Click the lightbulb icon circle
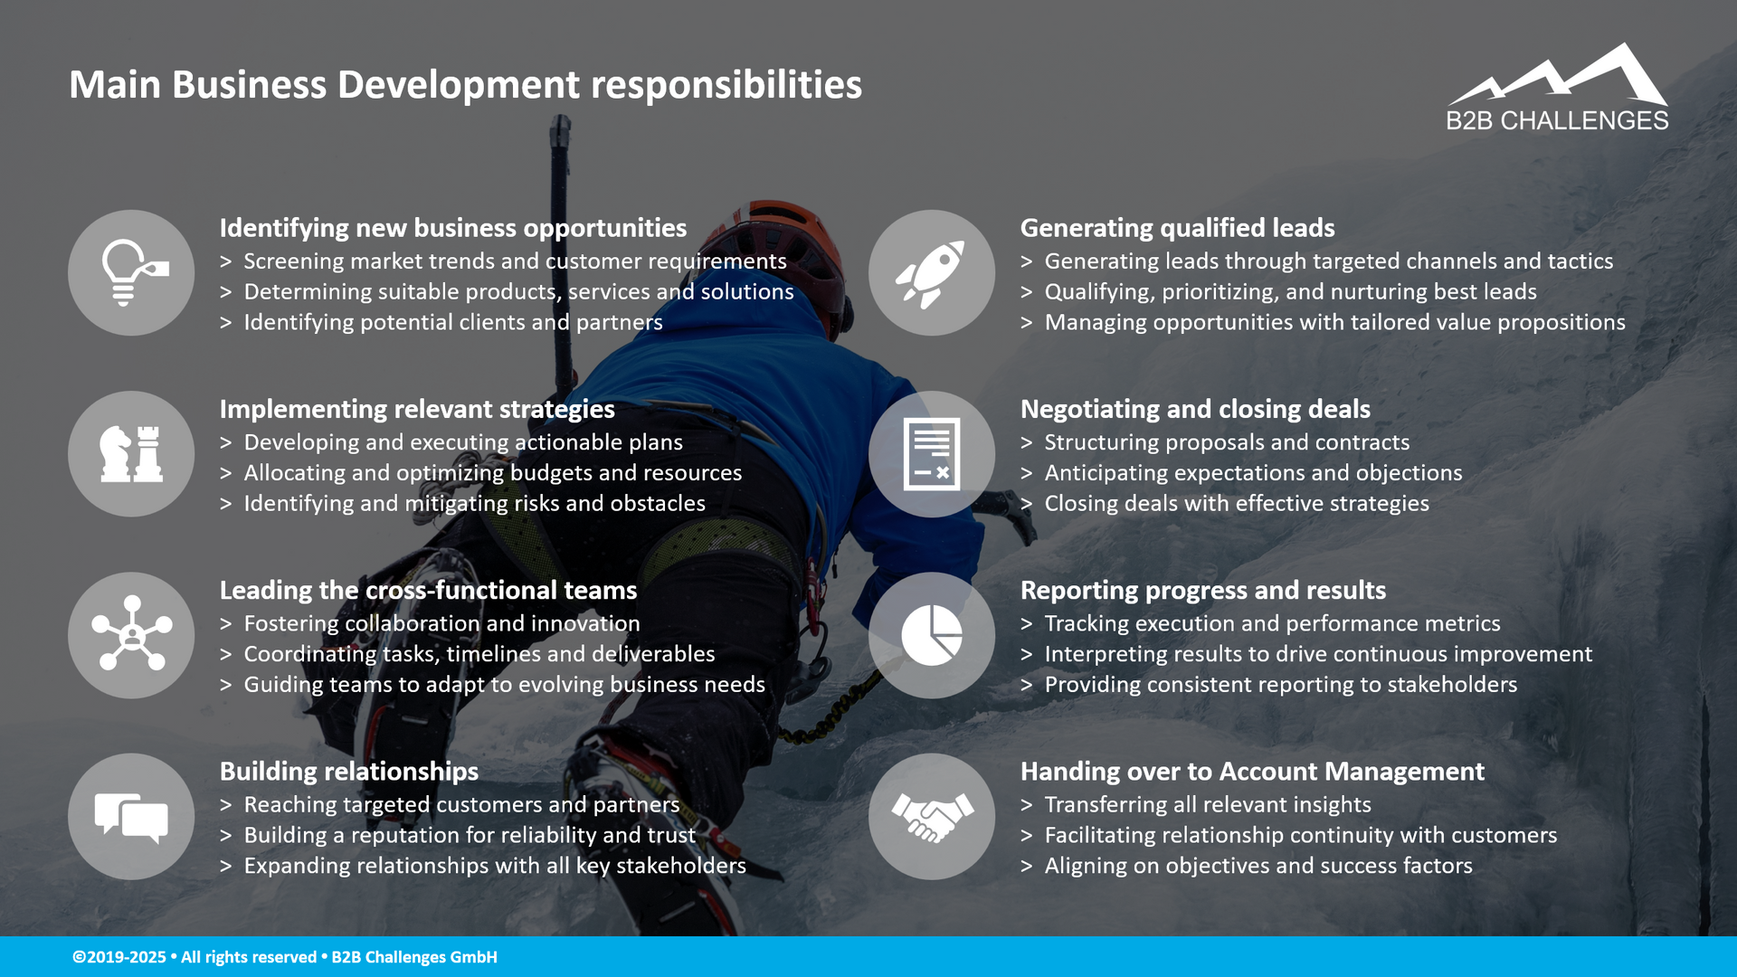coord(131,273)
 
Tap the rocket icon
coord(931,273)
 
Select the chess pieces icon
coord(131,454)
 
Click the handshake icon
coord(931,817)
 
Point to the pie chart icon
coord(931,635)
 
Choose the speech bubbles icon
coord(131,817)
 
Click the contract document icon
coord(931,454)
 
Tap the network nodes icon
coord(131,635)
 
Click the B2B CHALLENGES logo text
coord(1557,120)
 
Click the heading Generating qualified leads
coord(1177,228)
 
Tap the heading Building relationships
coord(349,771)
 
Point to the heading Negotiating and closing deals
coord(1195,409)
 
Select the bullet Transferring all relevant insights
coord(1208,804)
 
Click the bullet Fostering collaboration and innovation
coord(441,623)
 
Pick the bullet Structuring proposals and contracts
coord(1227,442)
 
